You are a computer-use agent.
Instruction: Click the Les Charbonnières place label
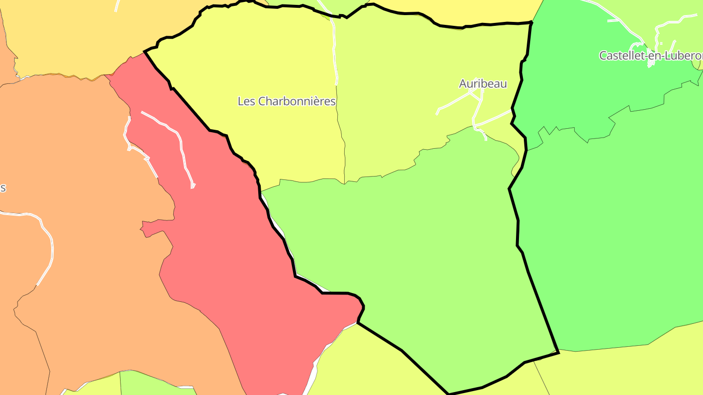pos(287,101)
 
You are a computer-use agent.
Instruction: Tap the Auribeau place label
pos(483,84)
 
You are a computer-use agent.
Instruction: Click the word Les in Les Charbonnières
pos(246,101)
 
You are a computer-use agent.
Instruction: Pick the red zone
pos(234,244)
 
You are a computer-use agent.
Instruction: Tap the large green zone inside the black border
pos(415,254)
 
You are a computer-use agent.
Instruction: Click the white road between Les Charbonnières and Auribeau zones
pos(335,49)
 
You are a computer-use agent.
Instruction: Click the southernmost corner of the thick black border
pos(448,393)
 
